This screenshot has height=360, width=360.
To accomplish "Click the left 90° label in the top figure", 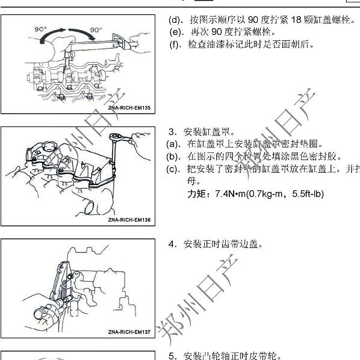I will (x=40, y=28).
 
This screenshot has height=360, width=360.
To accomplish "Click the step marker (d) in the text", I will (x=175, y=19).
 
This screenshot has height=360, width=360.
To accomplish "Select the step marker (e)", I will (x=175, y=31).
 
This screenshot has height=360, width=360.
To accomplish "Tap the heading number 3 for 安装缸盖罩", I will (x=172, y=132).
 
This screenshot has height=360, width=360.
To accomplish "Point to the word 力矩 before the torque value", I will (x=196, y=194).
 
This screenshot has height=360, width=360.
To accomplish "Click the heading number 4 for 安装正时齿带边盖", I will (x=172, y=244).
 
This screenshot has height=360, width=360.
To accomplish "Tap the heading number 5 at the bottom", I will (x=172, y=355).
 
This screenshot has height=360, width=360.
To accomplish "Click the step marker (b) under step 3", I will (x=173, y=157).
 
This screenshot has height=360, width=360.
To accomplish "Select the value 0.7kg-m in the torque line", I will (x=268, y=194).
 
